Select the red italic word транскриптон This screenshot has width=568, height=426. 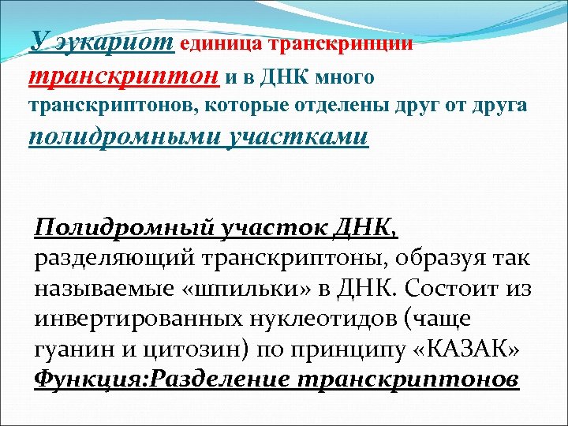pyautogui.click(x=125, y=77)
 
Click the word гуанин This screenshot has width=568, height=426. pyautogui.click(x=70, y=349)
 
